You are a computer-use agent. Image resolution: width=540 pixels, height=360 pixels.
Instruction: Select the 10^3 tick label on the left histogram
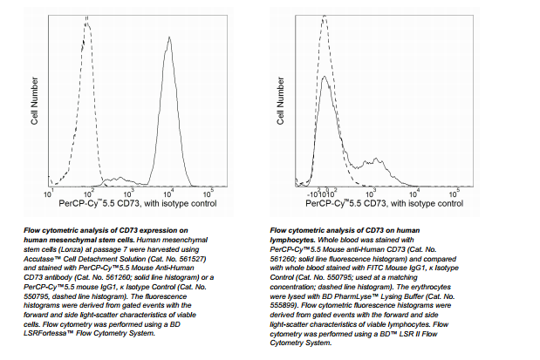tap(128, 192)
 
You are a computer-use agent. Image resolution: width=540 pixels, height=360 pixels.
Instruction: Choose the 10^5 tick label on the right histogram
tap(455, 192)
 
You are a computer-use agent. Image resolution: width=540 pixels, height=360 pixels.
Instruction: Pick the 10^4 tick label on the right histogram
tap(414, 192)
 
